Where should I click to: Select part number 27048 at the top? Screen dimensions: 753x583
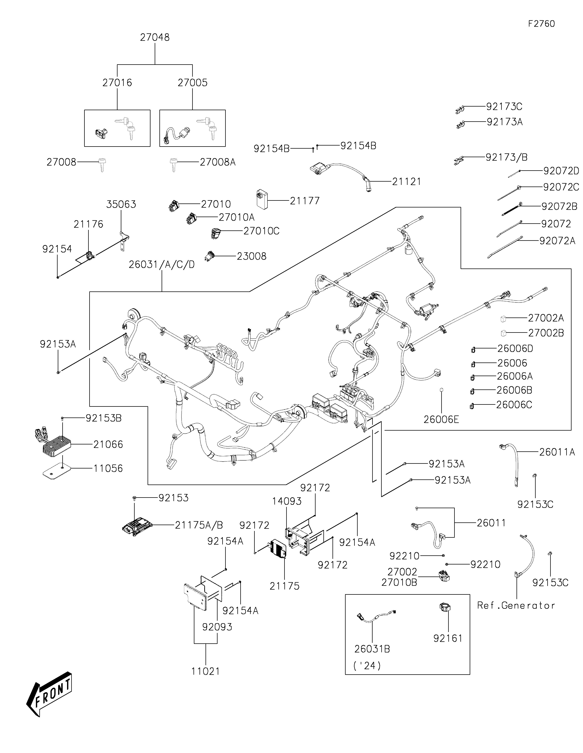(155, 37)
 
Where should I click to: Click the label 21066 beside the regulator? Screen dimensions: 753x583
(108, 444)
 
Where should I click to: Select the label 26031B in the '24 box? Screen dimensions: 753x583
(372, 649)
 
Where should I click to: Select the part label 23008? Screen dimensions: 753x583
(251, 256)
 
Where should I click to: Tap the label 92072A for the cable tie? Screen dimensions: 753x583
(557, 241)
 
